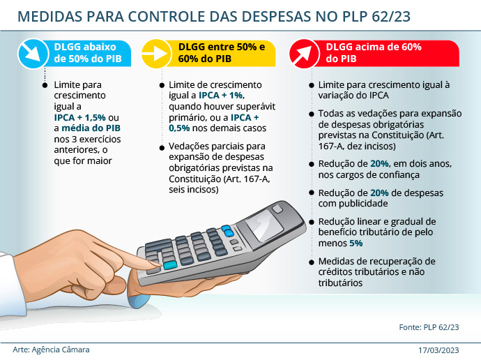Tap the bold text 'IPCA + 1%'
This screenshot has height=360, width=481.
click(x=221, y=94)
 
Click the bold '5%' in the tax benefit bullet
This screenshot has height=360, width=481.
click(x=356, y=243)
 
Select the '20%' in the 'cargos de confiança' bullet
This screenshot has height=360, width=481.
click(x=381, y=163)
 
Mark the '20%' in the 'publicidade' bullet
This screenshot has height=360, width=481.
click(x=381, y=193)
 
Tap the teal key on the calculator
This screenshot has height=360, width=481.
click(x=170, y=265)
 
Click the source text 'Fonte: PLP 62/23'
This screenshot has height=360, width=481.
click(x=429, y=327)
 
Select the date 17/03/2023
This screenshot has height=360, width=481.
click(x=439, y=350)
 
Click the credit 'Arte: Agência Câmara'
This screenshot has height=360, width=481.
click(x=51, y=350)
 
